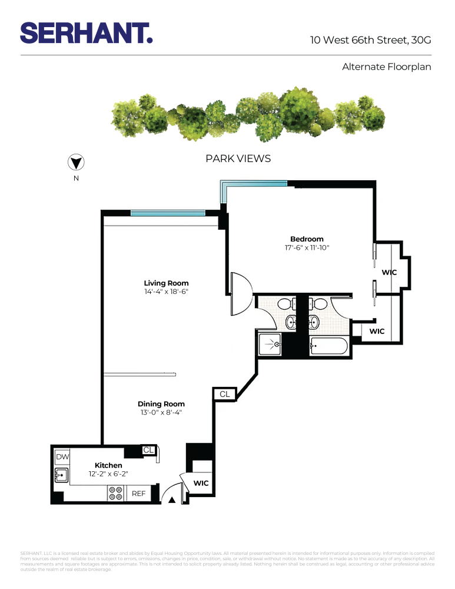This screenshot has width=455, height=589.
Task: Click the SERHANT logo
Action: [87, 33]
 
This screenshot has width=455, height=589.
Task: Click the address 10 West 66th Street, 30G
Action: [371, 41]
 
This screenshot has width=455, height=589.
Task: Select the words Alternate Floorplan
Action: [386, 67]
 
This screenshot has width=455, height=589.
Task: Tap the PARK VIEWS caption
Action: [238, 158]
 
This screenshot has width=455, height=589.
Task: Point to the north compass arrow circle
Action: [76, 163]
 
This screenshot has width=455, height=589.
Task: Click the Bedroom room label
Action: [307, 239]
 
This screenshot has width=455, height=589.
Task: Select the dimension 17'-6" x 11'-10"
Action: [307, 248]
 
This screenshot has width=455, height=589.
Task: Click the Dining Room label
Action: [161, 403]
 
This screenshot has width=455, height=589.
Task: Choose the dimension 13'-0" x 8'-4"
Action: [161, 413]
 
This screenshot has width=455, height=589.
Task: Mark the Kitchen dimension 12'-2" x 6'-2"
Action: [108, 474]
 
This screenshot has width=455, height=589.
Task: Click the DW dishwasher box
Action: [62, 457]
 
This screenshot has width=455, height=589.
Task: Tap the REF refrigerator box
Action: [138, 494]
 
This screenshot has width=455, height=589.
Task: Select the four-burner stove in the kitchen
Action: [115, 494]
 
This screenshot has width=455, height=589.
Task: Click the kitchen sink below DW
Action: [61, 474]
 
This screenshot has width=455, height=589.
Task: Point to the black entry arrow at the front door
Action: [172, 500]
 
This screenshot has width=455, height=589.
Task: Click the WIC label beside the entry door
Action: [201, 483]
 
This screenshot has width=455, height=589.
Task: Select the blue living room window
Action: [167, 213]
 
